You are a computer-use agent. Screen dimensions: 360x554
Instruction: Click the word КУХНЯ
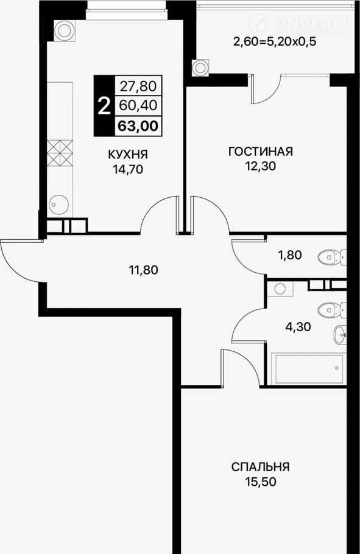click(x=128, y=155)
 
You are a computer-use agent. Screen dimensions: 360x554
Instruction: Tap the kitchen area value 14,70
click(x=128, y=170)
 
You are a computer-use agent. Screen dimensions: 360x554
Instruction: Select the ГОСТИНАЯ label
click(x=261, y=151)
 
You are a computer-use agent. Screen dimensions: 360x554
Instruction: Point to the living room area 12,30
click(x=261, y=166)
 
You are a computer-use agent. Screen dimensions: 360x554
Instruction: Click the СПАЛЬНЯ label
click(x=261, y=467)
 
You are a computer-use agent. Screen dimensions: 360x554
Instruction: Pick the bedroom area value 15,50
click(x=261, y=481)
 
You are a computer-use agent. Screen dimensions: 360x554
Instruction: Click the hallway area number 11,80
click(x=143, y=270)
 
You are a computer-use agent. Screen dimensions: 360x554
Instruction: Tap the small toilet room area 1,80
click(x=290, y=254)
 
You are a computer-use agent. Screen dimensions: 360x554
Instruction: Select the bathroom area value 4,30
click(x=298, y=327)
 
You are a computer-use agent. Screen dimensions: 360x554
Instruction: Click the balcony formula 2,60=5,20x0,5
click(x=275, y=42)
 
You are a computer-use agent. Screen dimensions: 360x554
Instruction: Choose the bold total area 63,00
click(x=138, y=126)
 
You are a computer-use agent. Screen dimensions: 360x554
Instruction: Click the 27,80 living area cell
click(x=139, y=85)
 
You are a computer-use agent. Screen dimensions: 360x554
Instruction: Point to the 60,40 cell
click(x=139, y=105)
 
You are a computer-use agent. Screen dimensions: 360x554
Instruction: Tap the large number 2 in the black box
click(x=104, y=106)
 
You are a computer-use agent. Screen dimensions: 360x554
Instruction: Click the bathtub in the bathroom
click(x=309, y=369)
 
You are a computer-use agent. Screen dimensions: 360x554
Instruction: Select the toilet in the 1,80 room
click(x=333, y=257)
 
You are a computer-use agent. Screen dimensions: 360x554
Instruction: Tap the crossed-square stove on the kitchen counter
click(x=60, y=153)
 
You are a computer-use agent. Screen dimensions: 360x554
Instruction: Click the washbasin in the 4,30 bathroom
click(x=340, y=334)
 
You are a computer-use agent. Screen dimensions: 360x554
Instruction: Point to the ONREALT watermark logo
click(x=299, y=24)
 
